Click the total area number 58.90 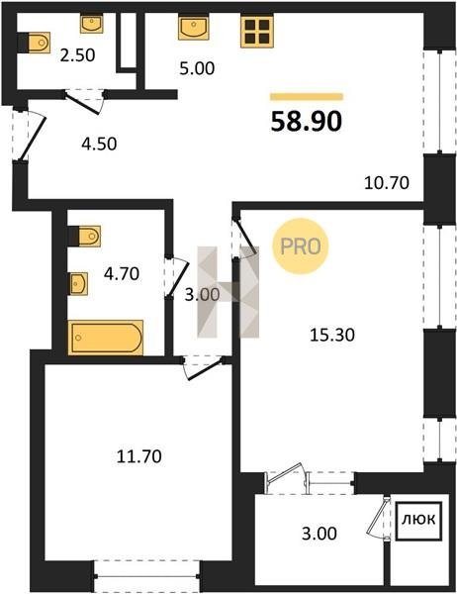307,121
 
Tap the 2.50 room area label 77,55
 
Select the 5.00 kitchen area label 197,68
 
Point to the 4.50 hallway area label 99,144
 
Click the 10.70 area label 387,183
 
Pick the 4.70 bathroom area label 122,273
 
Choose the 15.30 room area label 332,335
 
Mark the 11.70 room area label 138,456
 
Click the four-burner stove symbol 257,32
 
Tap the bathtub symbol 106,338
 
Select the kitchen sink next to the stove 194,28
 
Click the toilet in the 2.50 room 34,43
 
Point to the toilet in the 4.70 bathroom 84,237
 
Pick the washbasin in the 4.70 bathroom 78,283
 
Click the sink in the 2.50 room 92,24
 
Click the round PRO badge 301,247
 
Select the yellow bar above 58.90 307,97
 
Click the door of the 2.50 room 84,102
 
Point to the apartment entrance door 33,138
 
